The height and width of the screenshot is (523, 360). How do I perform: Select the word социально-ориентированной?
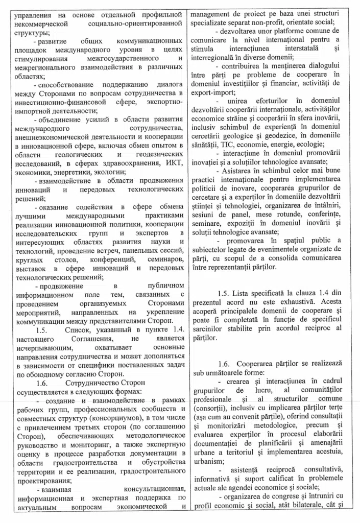point(139,24)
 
